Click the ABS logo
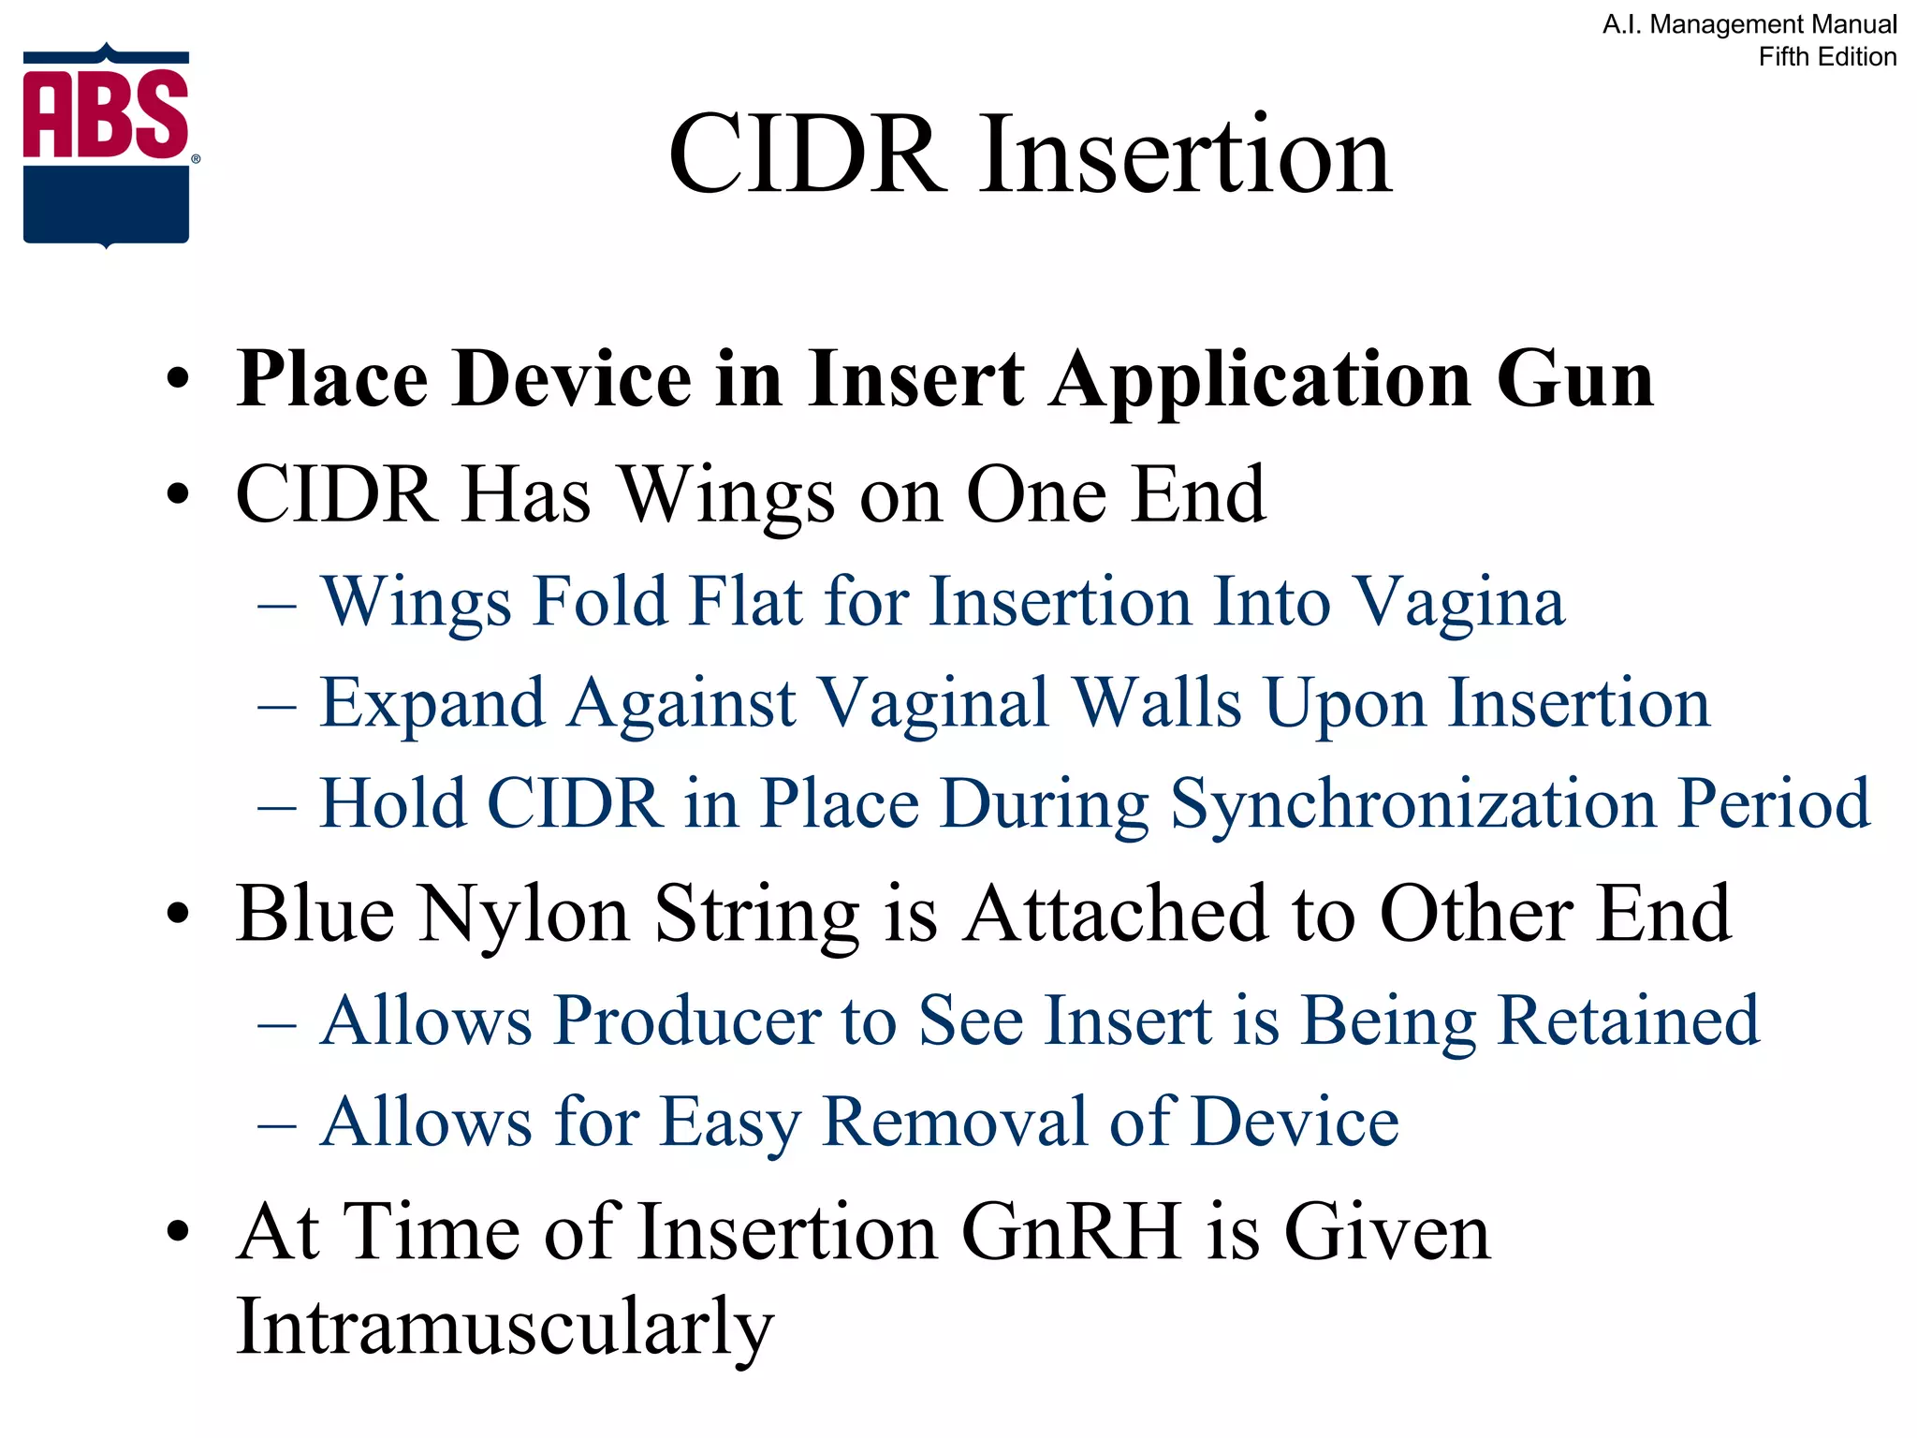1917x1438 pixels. point(107,146)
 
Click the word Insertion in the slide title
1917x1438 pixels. point(1186,154)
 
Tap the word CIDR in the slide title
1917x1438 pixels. point(806,154)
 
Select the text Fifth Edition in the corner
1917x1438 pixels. point(1826,57)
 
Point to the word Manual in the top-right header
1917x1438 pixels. point(1851,24)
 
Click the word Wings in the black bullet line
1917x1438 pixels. point(727,496)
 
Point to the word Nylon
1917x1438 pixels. point(524,915)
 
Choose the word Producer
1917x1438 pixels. point(687,1020)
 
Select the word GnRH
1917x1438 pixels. point(1070,1232)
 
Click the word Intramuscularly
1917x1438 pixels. point(505,1328)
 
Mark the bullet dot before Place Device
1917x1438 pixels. point(177,381)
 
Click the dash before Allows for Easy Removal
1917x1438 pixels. point(277,1123)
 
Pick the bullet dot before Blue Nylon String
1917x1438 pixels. point(177,915)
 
